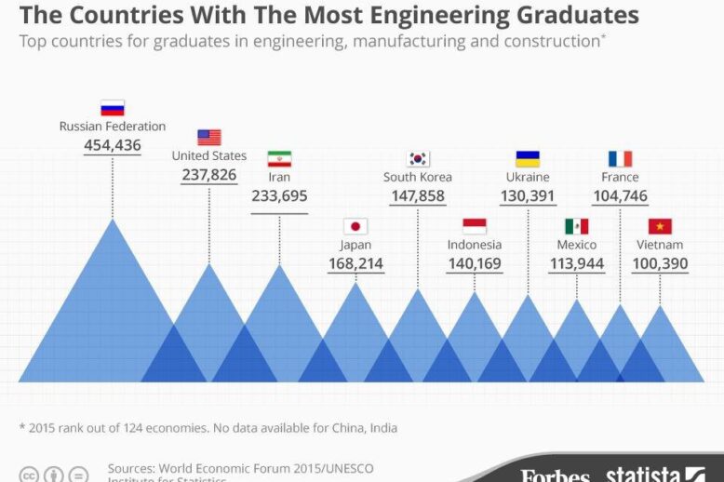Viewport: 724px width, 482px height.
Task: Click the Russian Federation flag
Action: coord(113,108)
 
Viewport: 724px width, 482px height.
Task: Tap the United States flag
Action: coord(209,138)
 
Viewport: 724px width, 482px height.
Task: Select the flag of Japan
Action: coord(355,226)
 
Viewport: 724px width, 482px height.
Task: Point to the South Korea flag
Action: coord(418,158)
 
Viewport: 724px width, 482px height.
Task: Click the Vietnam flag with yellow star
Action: coord(661,226)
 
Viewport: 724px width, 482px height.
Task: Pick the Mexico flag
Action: coord(577,226)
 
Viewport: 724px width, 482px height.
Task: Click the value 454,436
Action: coord(113,145)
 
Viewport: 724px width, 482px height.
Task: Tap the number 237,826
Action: coord(209,175)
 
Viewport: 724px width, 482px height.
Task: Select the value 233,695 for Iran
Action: coord(279,196)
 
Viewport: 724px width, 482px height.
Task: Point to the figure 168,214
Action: coord(355,264)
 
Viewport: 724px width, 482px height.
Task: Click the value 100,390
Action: coord(661,264)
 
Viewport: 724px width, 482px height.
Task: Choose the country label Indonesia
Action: coord(475,245)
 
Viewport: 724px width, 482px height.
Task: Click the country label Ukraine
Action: coord(528,177)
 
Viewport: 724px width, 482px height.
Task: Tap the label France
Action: coord(620,177)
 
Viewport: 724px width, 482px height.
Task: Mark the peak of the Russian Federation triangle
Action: coord(113,221)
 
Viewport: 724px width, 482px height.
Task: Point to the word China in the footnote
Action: coord(346,428)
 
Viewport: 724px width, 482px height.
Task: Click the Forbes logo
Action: coord(555,475)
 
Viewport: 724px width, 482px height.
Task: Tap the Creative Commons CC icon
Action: coord(30,475)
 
